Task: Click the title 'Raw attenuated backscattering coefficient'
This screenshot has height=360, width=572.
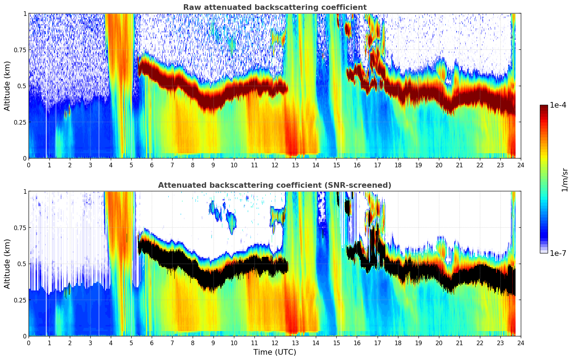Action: pos(275,7)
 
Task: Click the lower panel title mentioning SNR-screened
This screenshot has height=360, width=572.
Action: pos(275,185)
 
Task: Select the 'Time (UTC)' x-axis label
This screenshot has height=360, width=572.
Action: pos(275,352)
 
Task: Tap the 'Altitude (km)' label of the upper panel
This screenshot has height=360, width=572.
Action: pos(7,86)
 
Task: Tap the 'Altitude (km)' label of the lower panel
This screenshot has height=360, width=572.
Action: pos(7,264)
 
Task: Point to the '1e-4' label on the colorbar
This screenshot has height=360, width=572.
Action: pos(559,106)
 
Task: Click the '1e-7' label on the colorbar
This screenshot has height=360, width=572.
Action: pos(559,253)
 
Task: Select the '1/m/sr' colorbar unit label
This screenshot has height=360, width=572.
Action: pos(565,180)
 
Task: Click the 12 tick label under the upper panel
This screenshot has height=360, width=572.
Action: pos(275,165)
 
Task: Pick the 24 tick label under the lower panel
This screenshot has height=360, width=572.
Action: pos(520,343)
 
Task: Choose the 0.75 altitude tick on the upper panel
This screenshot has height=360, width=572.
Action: pos(20,50)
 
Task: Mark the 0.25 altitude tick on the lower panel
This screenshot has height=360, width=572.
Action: pos(20,300)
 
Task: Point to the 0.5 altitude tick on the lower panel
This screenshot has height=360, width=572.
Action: pos(22,264)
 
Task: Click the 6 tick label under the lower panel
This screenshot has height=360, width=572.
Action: pos(152,343)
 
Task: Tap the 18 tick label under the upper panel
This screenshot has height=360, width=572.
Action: pos(398,165)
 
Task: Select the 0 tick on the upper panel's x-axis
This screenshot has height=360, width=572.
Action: pos(29,165)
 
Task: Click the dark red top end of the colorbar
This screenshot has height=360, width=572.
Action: pos(544,107)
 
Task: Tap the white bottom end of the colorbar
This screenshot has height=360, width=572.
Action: pos(544,252)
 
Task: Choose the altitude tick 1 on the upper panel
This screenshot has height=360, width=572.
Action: pos(25,13)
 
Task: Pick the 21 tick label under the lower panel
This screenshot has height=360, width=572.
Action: pos(459,343)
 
